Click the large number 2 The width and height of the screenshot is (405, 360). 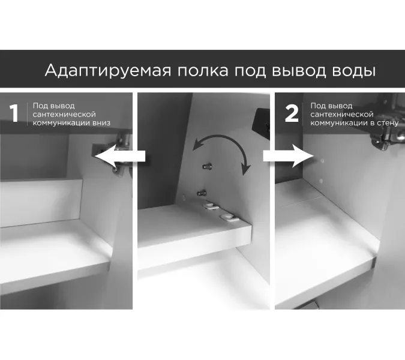pos(292,114)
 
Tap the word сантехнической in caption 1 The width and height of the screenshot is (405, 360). pos(64,114)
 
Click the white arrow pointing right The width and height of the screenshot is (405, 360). pos(287,157)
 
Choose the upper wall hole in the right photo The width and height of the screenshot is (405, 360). pos(319,161)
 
